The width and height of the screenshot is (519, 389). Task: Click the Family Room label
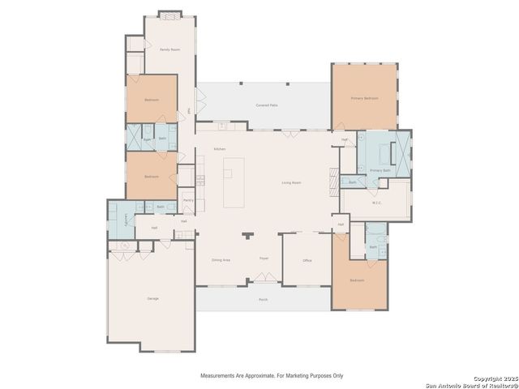coord(169,49)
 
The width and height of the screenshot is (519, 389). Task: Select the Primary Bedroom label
coord(364,97)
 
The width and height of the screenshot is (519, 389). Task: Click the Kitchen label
coord(219,149)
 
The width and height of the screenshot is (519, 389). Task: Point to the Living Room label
coord(291,183)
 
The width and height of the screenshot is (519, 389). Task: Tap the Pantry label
coord(187,199)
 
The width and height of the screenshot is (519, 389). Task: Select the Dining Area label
coord(221,260)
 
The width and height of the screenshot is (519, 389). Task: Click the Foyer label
coord(264,258)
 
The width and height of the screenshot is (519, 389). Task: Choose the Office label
coord(307,260)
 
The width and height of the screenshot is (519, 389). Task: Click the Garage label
coord(152,298)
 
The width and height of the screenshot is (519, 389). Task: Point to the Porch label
coord(263,299)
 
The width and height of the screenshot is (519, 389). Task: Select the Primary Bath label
coord(380,170)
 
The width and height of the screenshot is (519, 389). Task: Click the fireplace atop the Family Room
coord(169,14)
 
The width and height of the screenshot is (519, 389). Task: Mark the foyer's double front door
coord(264,279)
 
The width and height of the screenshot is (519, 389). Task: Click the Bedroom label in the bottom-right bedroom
coord(358,280)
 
